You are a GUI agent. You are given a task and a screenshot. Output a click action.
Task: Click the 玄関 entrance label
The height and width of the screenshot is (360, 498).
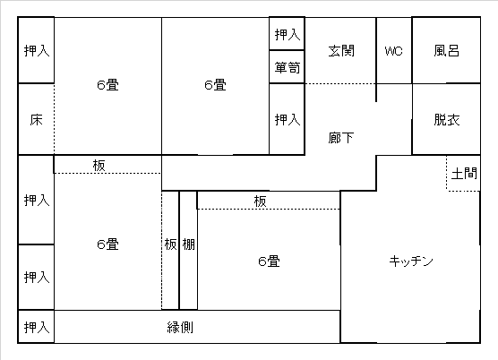coord(341,51)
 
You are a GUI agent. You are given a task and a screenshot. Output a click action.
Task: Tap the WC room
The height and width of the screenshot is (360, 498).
coord(394,50)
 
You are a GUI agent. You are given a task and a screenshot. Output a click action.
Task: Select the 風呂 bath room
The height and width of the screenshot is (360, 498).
coord(446,50)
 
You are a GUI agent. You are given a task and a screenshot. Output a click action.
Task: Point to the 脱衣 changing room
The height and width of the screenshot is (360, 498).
coord(446,119)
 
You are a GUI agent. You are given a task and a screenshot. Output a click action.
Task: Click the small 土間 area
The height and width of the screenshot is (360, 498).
coord(463,174)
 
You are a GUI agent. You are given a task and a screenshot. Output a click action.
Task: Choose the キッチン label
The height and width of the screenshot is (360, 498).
coord(411,261)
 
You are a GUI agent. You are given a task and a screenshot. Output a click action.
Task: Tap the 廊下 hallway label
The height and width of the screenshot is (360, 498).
coord(340,138)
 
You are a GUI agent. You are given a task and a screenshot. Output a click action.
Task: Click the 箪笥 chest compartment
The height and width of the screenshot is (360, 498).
coord(288,67)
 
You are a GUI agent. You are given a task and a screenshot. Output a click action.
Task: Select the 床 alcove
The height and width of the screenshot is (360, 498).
coord(36,119)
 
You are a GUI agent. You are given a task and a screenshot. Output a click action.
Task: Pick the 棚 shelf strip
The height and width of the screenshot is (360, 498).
coord(188,250)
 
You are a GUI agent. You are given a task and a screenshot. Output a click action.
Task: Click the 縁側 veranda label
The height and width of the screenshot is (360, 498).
coord(180,327)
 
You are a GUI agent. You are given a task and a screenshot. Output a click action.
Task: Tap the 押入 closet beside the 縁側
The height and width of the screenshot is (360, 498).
coord(36,327)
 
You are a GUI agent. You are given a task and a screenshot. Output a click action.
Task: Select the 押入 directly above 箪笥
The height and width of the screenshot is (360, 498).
coord(288,34)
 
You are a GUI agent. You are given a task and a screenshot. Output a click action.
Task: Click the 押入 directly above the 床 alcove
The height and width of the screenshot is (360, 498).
coord(36,50)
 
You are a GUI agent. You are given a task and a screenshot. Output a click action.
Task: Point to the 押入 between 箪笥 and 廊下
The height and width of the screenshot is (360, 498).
coord(288,119)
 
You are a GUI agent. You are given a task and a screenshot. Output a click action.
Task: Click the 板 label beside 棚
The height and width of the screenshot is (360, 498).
coord(170,244)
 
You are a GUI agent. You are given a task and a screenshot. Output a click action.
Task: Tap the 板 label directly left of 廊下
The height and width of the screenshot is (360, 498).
coord(99,166)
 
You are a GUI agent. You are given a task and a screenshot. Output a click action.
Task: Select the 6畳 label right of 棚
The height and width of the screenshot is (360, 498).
coord(269,261)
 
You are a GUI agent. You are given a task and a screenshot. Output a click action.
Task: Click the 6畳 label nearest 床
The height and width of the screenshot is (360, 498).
coord(107,85)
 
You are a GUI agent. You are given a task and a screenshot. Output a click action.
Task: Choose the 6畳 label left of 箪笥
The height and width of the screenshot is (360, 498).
coord(215,85)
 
